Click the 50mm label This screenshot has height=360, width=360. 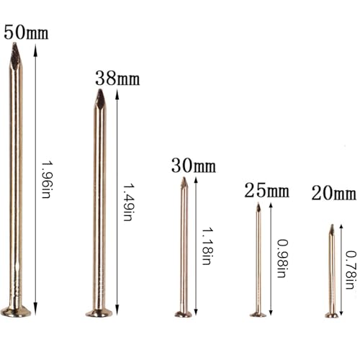[x=26, y=32]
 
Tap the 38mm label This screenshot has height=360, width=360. [x=117, y=78]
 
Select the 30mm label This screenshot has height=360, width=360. [x=194, y=166]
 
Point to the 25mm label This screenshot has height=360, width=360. [x=267, y=191]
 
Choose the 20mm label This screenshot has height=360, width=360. [x=334, y=193]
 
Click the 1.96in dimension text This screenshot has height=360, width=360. [x=46, y=179]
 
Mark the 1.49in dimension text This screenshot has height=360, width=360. [x=127, y=202]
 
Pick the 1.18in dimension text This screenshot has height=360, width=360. [x=207, y=246]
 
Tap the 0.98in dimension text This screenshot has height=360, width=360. [x=282, y=258]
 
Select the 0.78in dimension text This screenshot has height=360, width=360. [x=350, y=270]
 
